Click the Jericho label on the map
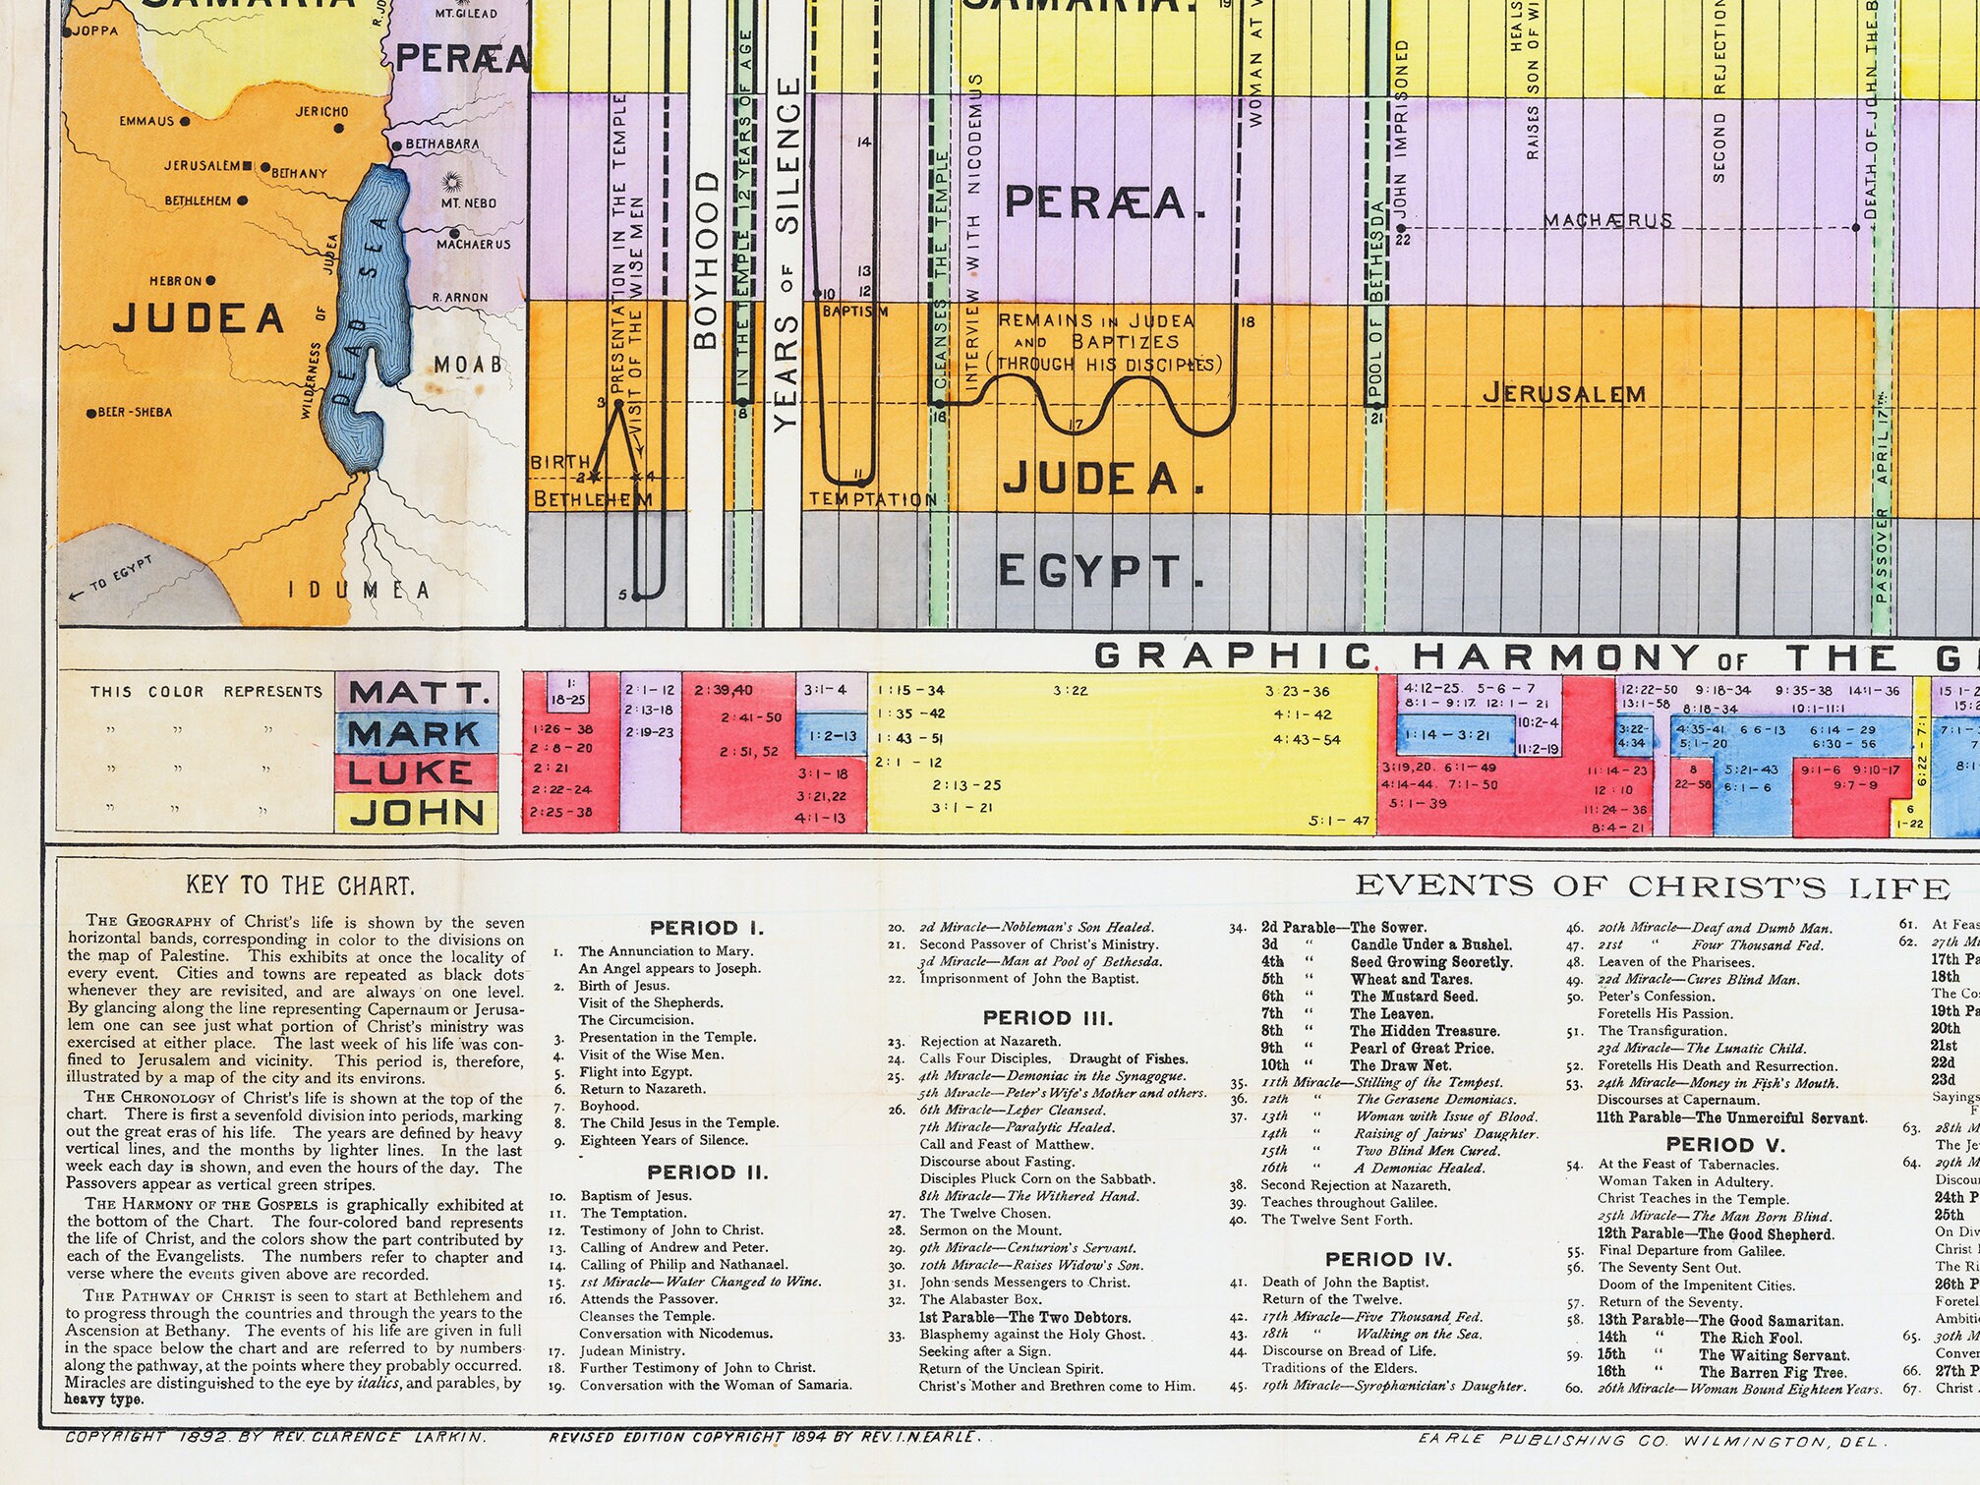click(x=321, y=112)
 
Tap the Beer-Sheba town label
click(x=135, y=413)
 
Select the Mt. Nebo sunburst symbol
click(x=453, y=183)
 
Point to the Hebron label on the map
click(x=176, y=281)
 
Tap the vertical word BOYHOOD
click(x=705, y=260)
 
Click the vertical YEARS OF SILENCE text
click(x=786, y=256)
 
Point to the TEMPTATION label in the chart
click(x=873, y=500)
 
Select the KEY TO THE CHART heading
click(x=300, y=885)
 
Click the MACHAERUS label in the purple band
click(x=1607, y=220)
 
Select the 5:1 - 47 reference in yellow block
click(x=1339, y=821)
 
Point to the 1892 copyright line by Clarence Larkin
click(x=275, y=1437)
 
